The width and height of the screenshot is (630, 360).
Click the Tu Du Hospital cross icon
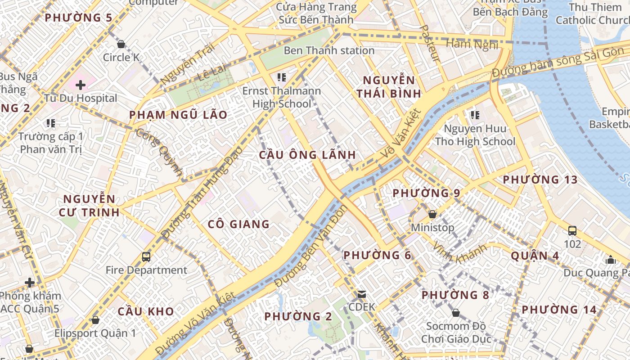pos(81,85)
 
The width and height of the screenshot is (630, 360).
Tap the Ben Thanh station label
pos(329,50)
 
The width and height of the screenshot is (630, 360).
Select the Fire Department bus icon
pos(146,257)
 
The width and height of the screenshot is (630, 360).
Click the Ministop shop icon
pos(432,214)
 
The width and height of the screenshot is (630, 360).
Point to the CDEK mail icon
pos(361,294)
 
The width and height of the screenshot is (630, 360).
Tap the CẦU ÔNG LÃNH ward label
pos(307,155)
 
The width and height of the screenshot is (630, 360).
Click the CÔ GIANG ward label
pos(238,224)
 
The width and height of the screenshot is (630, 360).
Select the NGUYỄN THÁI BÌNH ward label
pos(389,87)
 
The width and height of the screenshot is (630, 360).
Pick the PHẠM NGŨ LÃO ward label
pos(178,115)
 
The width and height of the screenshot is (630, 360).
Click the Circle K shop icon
pos(121,44)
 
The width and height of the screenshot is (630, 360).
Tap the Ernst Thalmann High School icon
pos(282,77)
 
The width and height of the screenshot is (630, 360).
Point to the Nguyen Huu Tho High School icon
pos(475,115)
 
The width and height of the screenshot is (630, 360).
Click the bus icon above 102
pos(572,231)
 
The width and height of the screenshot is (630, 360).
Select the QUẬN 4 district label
pos(535,256)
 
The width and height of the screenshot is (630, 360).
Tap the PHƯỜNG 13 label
pos(540,180)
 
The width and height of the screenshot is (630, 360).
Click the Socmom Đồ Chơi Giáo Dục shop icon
pos(456,313)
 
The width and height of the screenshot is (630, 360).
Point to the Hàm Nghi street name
pos(472,44)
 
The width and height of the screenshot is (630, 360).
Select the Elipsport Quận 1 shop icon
pos(95,320)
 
